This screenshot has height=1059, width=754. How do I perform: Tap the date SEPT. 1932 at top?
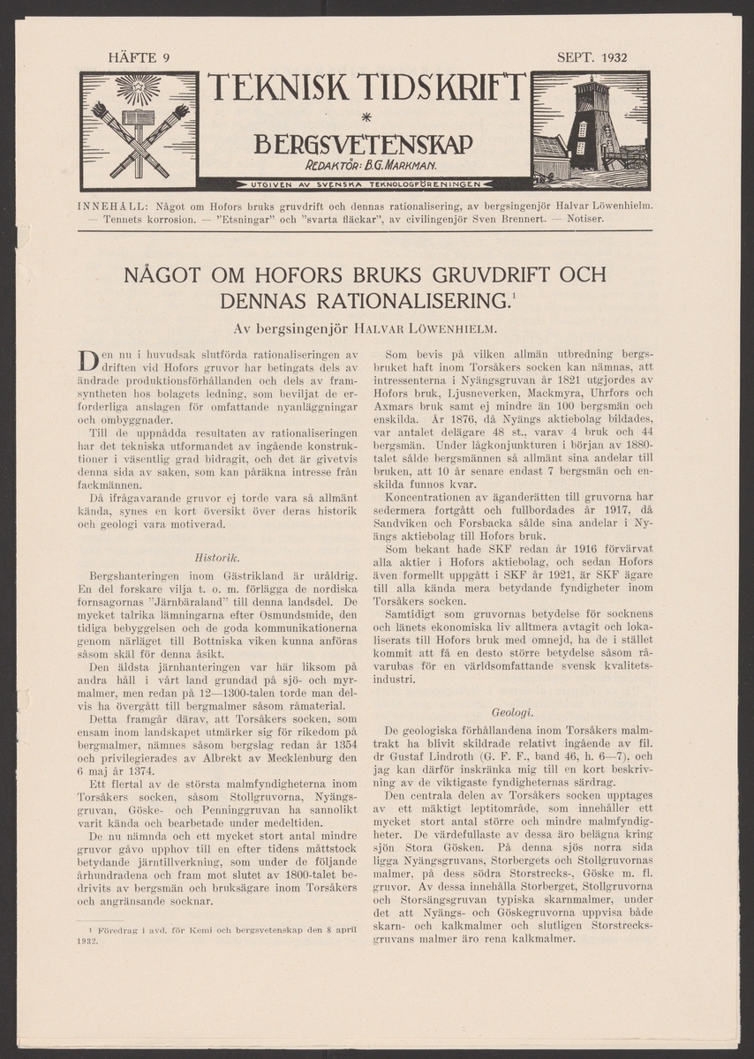coord(592,59)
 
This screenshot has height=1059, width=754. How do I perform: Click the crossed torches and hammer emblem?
coord(139,129)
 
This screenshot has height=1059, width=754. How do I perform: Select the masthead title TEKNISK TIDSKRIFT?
coord(366,91)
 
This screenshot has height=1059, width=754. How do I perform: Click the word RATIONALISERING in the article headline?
coord(408,303)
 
